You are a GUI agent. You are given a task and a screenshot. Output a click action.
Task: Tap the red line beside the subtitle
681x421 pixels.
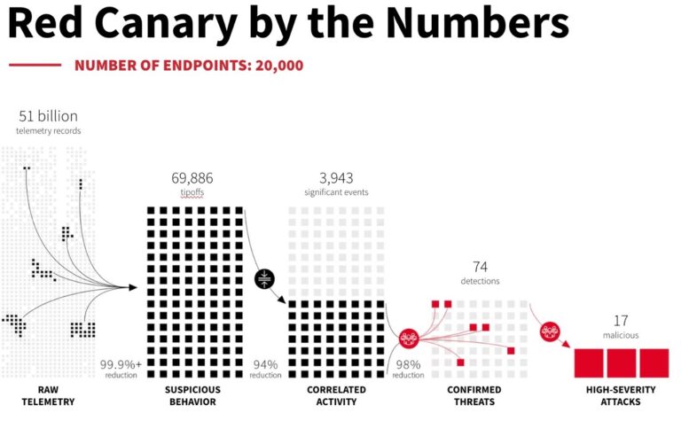pyautogui.click(x=35, y=66)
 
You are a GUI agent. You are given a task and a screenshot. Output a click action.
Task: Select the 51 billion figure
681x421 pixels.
pyautogui.click(x=48, y=116)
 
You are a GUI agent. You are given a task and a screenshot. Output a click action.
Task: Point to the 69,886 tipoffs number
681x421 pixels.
pyautogui.click(x=192, y=177)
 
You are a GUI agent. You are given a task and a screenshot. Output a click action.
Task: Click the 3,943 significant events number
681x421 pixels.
pyautogui.click(x=335, y=177)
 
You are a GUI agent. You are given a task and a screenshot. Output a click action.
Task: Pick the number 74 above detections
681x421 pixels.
pyautogui.click(x=480, y=266)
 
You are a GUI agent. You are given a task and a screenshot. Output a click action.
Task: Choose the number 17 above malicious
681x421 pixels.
pyautogui.click(x=621, y=320)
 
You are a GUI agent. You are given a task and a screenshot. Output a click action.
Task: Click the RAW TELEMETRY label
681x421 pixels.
pyautogui.click(x=48, y=395)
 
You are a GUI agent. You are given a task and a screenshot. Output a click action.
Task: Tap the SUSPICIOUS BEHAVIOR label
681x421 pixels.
pyautogui.click(x=192, y=395)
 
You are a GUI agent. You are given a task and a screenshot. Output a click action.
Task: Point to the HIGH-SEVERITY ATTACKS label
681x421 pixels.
pyautogui.click(x=621, y=395)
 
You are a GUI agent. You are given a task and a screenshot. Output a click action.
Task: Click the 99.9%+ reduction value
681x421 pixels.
pyautogui.click(x=121, y=363)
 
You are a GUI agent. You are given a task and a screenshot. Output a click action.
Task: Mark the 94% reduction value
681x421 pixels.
pyautogui.click(x=266, y=363)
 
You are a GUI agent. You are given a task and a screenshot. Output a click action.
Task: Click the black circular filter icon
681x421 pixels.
pyautogui.click(x=265, y=278)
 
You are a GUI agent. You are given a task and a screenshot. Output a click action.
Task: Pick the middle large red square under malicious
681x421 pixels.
pyautogui.click(x=621, y=363)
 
